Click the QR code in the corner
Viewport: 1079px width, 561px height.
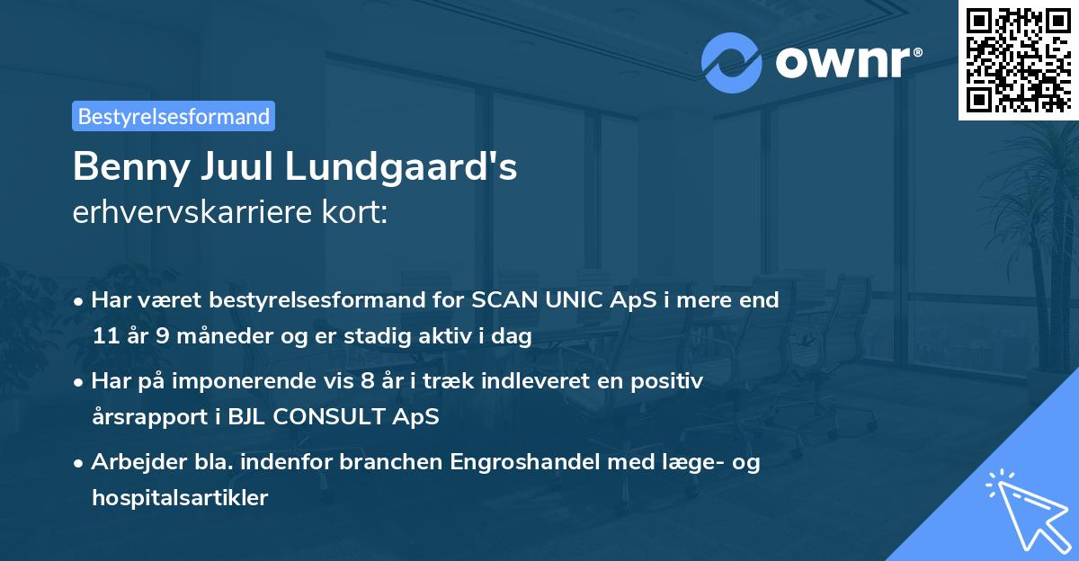tap(1018, 59)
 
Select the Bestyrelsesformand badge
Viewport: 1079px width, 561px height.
tap(174, 116)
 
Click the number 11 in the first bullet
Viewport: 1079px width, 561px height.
tap(105, 336)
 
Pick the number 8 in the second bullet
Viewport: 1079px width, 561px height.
tap(367, 381)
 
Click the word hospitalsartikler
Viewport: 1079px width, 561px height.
tap(180, 498)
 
